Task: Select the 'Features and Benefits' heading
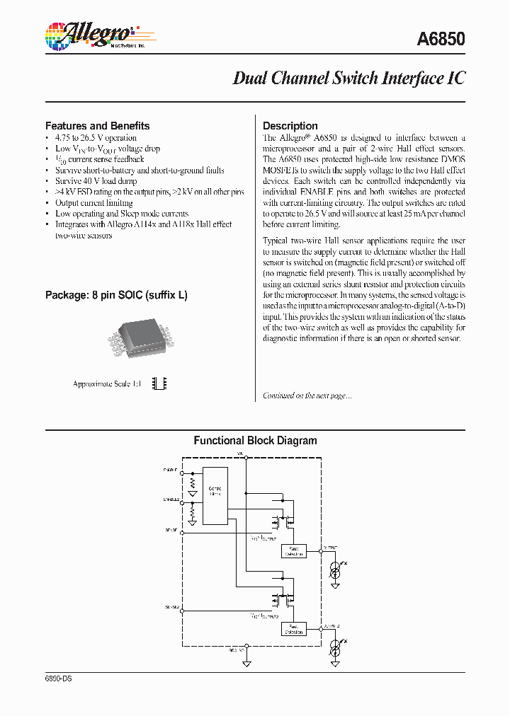tap(97, 126)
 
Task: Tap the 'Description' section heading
tap(290, 126)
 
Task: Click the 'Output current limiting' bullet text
tap(93, 202)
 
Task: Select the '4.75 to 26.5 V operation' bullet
tap(96, 138)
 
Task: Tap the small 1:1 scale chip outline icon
tap(161, 383)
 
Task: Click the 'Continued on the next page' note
tap(307, 395)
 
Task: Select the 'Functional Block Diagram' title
tap(255, 441)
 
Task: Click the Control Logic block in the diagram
tap(215, 495)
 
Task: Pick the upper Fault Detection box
tap(293, 550)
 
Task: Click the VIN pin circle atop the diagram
tap(246, 456)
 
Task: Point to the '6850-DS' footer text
tap(59, 678)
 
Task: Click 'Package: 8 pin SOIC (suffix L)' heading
tap(116, 294)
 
